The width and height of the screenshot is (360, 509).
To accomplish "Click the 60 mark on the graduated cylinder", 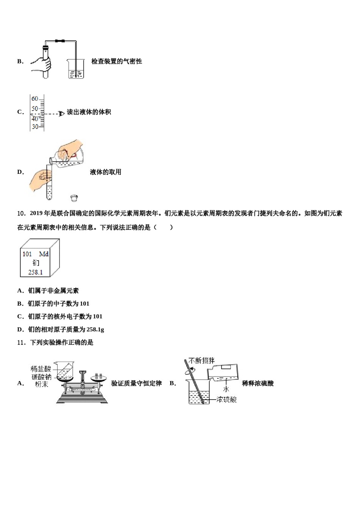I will pos(35,99).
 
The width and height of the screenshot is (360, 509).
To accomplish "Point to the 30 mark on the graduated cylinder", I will pos(35,126).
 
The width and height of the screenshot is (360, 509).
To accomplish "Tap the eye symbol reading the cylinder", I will pos(61,113).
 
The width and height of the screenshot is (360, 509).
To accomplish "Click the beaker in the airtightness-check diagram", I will pos(76,69).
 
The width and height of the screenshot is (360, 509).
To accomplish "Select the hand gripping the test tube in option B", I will pos(41,64).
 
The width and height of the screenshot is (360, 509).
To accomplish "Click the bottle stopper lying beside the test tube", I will pos(74,198).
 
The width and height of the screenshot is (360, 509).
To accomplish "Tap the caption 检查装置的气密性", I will pos(116,61).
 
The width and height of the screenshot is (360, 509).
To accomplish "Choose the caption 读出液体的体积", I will pos(89,112).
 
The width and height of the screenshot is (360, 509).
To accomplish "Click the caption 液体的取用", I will pos(105,172).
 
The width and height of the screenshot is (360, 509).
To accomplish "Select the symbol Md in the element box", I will pos(44,254).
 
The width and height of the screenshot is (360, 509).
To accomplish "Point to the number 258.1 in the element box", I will pos(35,272).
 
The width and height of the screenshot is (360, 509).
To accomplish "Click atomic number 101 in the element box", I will pos(27,254).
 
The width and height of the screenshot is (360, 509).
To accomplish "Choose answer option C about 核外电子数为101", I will pos(60,317).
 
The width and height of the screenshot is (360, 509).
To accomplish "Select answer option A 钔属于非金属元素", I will pos(48,291).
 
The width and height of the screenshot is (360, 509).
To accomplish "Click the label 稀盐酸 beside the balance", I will pos(41,368).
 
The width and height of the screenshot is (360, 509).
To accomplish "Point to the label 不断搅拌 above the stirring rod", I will pos(202,360).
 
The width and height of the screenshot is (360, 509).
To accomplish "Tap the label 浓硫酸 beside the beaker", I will pos(227,399).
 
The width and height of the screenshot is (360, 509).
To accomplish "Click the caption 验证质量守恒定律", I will pos(136,383).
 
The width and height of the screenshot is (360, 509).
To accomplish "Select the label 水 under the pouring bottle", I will pos(226,389).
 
